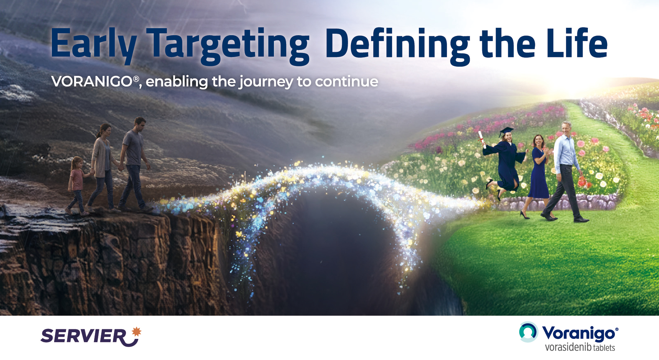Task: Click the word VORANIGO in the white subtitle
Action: coord(92,81)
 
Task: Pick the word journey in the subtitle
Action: coord(266,82)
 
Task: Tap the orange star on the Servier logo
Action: coord(137,331)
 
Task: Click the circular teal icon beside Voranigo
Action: coord(528,332)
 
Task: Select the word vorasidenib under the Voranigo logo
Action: coord(568,347)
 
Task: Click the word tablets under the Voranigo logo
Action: coord(604,347)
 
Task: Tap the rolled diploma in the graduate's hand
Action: coord(482,139)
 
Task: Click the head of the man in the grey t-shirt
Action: coord(139,125)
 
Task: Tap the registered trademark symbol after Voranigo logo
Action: coord(616,329)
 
